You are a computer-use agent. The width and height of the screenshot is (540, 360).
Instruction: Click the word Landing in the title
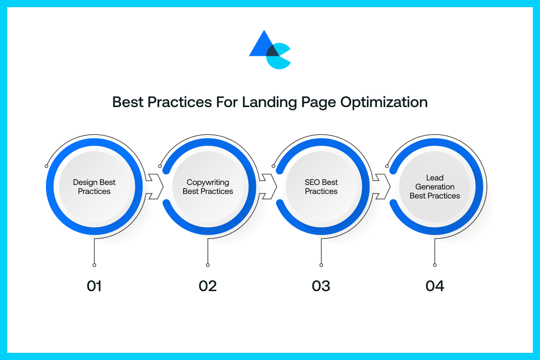269,103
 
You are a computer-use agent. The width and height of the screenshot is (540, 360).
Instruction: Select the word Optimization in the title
384,103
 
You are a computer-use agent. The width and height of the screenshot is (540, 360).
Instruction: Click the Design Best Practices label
94,187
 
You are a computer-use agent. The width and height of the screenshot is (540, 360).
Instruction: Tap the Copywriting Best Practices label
208,187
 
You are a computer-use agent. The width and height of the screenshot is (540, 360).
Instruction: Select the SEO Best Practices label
321,187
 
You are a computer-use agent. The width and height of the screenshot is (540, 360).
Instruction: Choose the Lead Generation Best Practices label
435,187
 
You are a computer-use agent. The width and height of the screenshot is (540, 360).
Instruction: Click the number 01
94,286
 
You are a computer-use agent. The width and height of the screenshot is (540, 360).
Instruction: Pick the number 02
207,286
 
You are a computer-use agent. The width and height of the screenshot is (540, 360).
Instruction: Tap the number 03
321,286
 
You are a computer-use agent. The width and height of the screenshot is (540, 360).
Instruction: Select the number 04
435,286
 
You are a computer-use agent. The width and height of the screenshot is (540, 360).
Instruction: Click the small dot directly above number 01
94,265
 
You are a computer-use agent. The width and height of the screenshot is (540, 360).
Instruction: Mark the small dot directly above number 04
435,265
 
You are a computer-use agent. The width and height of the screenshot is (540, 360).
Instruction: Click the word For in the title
227,102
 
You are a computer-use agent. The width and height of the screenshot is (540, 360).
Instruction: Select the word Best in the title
128,102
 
